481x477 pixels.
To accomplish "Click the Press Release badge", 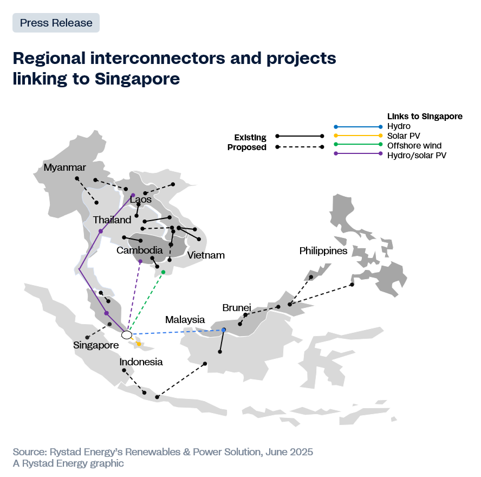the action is click(x=56, y=23).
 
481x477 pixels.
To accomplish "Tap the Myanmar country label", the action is click(x=64, y=167).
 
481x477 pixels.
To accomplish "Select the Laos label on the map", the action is click(x=141, y=199).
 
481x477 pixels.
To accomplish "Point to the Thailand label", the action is click(x=112, y=220).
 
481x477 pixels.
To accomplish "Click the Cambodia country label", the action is click(x=140, y=250).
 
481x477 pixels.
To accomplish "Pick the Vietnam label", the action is click(x=206, y=255).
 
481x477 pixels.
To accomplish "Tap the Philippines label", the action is click(x=323, y=251).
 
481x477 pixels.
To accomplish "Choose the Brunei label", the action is click(x=237, y=307).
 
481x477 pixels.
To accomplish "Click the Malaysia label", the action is click(x=185, y=320).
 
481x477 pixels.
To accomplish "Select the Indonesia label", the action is click(x=141, y=362).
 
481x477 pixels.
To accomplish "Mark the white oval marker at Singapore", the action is click(x=127, y=335).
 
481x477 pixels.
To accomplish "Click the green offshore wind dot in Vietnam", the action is click(x=163, y=272).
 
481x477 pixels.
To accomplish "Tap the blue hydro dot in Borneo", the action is click(x=224, y=330).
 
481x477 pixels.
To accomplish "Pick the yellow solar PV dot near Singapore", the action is click(x=139, y=344).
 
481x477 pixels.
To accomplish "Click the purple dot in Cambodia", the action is click(x=140, y=261).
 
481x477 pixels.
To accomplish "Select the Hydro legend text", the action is click(x=399, y=126).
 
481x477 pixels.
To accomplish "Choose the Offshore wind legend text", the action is click(x=414, y=145).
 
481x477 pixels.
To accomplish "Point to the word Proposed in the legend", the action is click(x=247, y=147).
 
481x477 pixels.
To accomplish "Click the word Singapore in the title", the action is click(x=137, y=79).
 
